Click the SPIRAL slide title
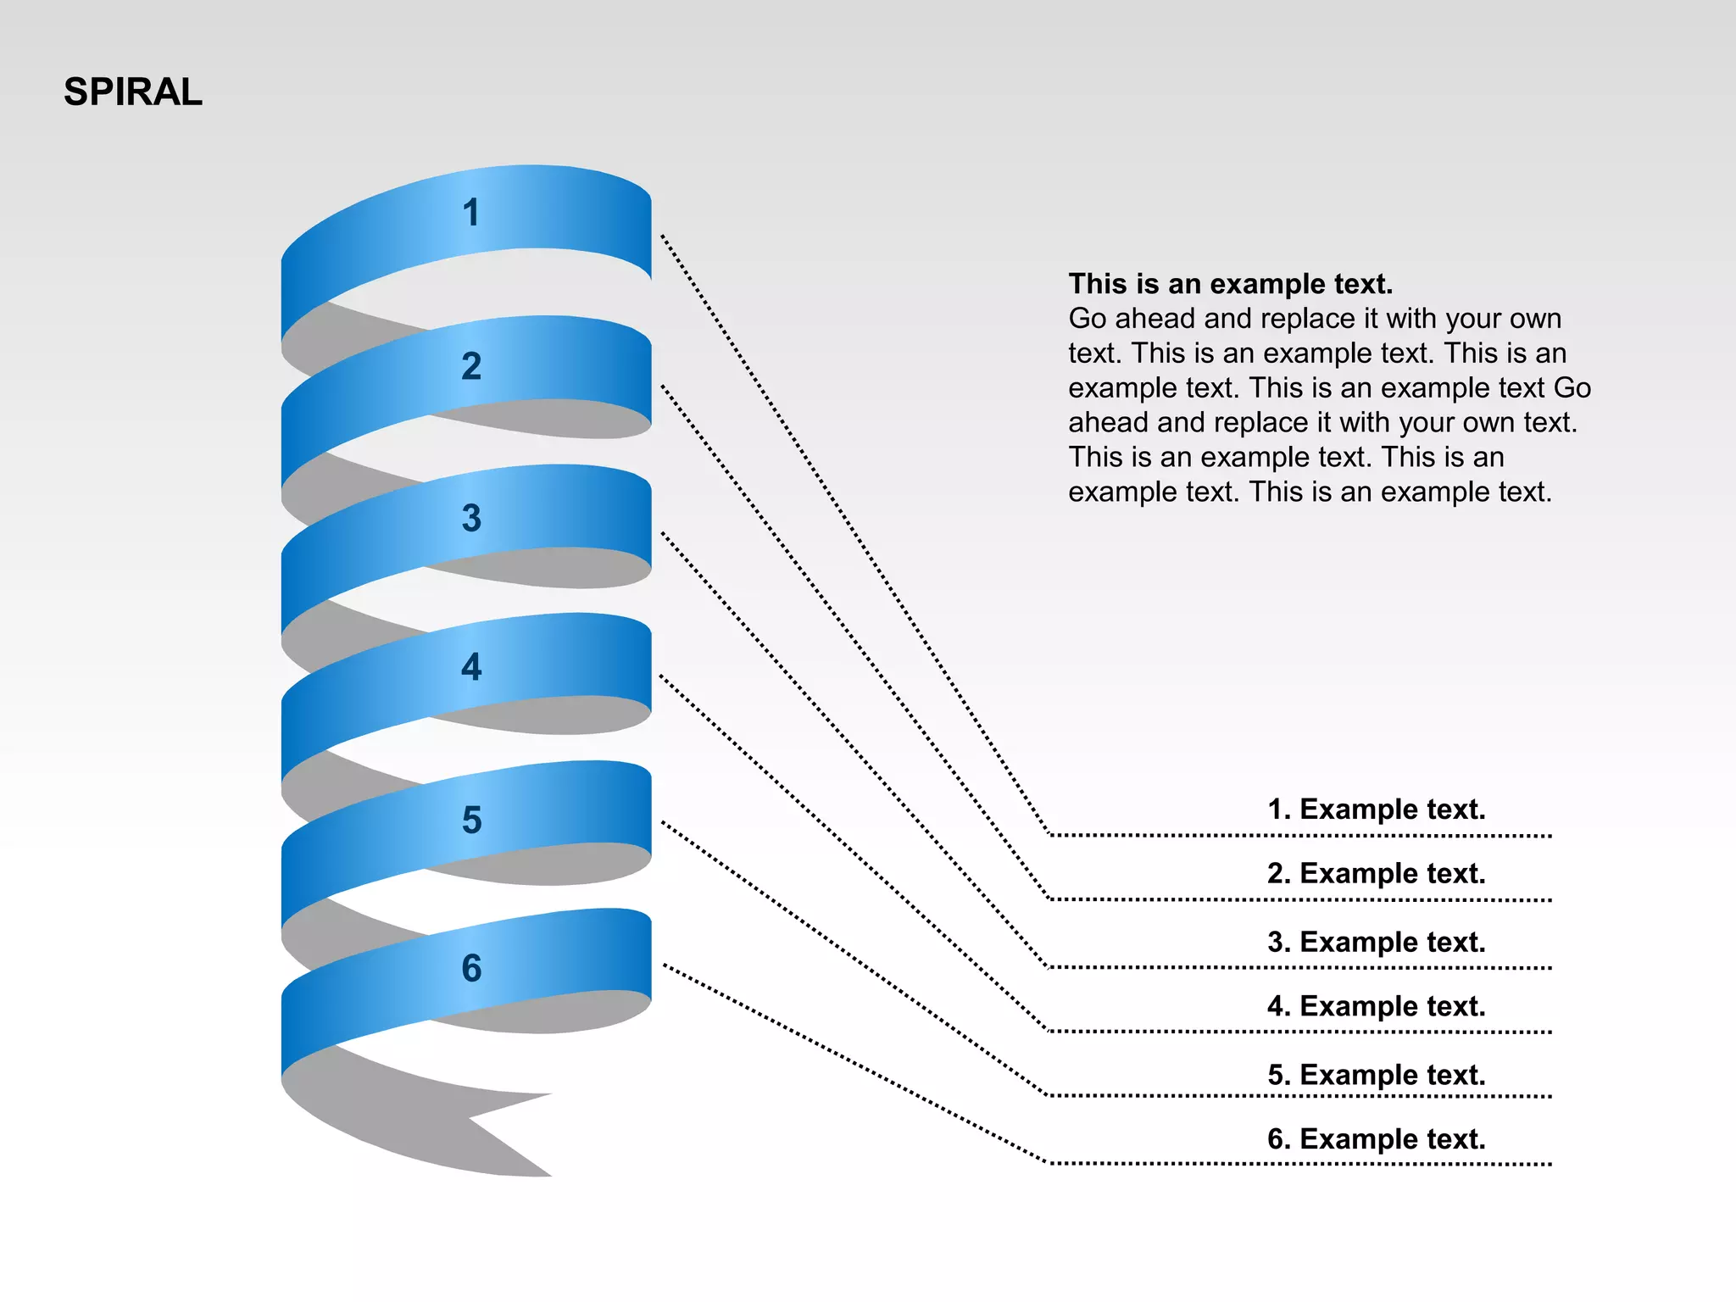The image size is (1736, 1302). (x=133, y=92)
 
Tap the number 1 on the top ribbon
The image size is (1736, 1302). (x=471, y=213)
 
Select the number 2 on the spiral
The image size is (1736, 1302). (x=471, y=366)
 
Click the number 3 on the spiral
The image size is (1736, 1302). (x=471, y=518)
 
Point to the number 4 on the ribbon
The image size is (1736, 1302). (x=471, y=667)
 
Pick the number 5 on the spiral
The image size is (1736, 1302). (x=471, y=820)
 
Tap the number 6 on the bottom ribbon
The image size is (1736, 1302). (x=471, y=968)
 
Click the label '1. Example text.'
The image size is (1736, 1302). (x=1376, y=810)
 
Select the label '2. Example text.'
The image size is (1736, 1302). (x=1376, y=874)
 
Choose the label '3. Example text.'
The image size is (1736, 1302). (x=1376, y=943)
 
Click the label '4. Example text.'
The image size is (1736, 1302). (x=1376, y=1007)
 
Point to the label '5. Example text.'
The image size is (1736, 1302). (x=1376, y=1076)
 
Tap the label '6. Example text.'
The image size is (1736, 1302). (x=1376, y=1140)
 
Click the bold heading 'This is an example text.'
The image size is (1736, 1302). (x=1230, y=284)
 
